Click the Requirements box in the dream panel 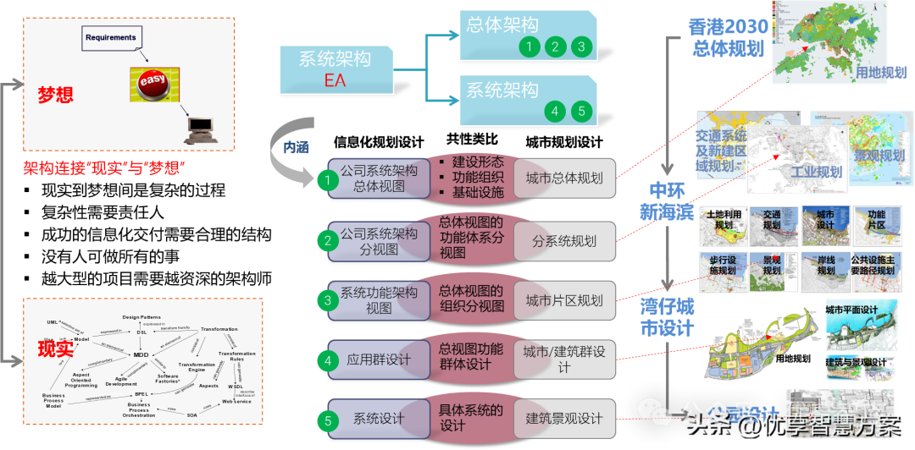(111, 38)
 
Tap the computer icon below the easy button (200, 128)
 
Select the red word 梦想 (55, 94)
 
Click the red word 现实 (55, 348)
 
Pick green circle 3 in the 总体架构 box (581, 47)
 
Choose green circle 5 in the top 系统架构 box (580, 111)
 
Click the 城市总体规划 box (563, 178)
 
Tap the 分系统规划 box (563, 241)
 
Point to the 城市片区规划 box (563, 300)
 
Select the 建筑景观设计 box (563, 419)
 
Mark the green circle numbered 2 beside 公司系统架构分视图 (328, 241)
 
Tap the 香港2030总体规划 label (727, 38)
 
